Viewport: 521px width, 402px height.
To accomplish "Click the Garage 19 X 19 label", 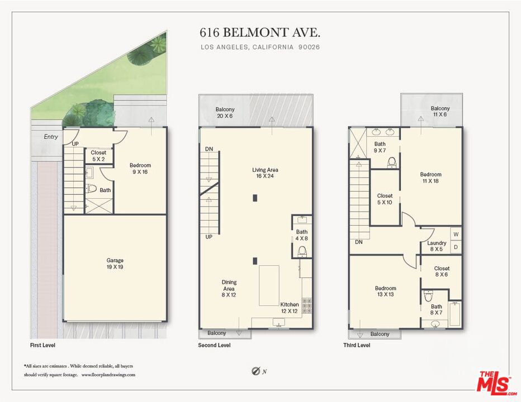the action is point(115,264).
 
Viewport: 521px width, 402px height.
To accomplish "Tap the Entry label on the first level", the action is point(51,136).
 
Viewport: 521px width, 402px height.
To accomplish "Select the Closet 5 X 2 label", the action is point(98,156).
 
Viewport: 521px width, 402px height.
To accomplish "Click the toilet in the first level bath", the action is point(91,189).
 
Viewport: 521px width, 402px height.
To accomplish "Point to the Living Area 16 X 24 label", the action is point(265,173).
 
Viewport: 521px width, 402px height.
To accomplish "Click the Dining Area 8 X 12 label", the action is point(229,288).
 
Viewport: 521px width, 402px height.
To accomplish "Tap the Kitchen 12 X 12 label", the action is point(290,308).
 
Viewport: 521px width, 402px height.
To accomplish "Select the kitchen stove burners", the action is point(307,306).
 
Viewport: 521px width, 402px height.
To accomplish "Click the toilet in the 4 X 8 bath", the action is point(302,251).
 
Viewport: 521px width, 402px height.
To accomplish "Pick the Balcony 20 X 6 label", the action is point(225,113).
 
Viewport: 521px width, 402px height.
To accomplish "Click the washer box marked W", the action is point(456,234).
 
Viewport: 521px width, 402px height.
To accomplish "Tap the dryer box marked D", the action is point(456,247).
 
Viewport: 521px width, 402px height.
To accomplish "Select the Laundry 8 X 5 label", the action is point(436,246).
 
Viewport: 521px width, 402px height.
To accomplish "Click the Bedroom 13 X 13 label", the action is point(385,291).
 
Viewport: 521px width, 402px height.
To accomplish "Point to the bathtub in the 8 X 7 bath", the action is point(455,314).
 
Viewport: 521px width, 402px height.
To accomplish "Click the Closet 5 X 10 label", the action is point(385,199).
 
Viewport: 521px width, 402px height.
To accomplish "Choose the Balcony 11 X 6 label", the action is point(440,111).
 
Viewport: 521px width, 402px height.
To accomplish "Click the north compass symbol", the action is point(256,371).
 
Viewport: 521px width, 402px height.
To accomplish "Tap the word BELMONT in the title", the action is point(255,32).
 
